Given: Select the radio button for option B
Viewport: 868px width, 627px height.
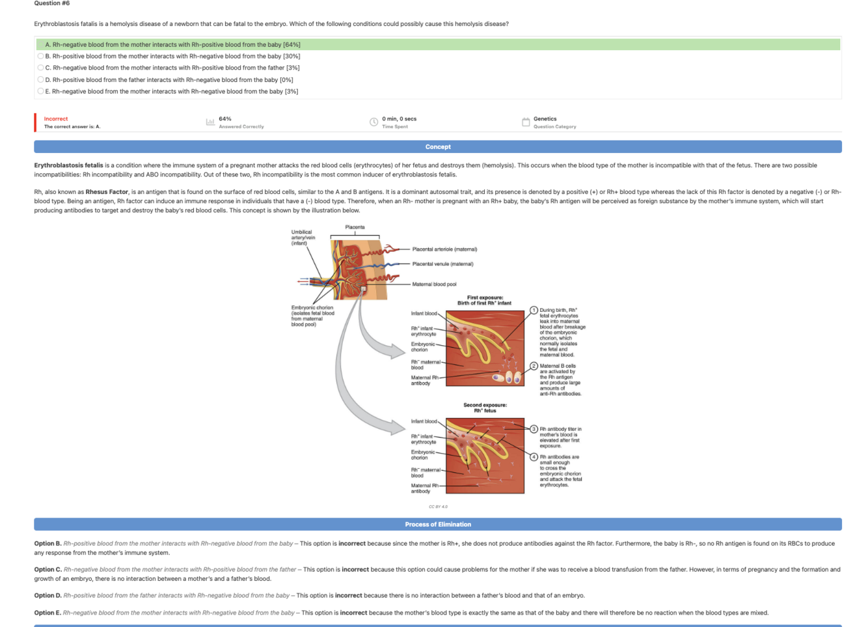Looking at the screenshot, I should (x=40, y=56).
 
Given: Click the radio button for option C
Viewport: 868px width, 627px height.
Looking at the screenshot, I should (x=40, y=68).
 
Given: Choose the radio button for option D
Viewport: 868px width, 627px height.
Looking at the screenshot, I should (x=40, y=79).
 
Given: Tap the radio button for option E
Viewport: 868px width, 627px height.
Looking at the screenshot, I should (x=40, y=91).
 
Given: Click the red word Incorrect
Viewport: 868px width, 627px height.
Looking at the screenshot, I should (x=56, y=118).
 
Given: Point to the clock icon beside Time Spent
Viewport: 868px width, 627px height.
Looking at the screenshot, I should (x=373, y=122).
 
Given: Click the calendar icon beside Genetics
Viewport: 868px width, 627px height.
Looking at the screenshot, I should (x=526, y=122).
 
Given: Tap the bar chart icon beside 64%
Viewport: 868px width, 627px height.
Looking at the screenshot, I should (x=210, y=122).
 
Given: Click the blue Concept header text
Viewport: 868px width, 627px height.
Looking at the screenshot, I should (x=438, y=147).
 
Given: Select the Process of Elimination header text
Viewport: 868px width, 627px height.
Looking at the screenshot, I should (x=438, y=524).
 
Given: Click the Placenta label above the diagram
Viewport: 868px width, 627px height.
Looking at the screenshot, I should (x=355, y=227).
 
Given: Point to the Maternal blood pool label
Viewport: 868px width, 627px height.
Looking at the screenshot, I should (x=434, y=284).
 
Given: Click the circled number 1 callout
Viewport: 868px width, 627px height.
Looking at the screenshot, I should (x=534, y=310).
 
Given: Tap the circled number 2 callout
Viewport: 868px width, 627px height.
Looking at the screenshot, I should (x=534, y=366).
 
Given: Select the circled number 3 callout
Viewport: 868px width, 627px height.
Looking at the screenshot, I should (x=534, y=429).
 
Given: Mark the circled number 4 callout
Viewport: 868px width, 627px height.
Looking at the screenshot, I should (x=534, y=457).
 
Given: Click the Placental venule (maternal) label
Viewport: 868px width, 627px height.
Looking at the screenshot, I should (x=442, y=264).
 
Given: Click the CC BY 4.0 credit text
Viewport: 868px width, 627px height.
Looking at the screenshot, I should (x=438, y=507).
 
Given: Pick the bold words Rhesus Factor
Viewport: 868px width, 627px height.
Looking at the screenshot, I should (x=107, y=192).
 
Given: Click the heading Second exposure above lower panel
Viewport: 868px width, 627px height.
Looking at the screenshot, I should (x=485, y=405).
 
